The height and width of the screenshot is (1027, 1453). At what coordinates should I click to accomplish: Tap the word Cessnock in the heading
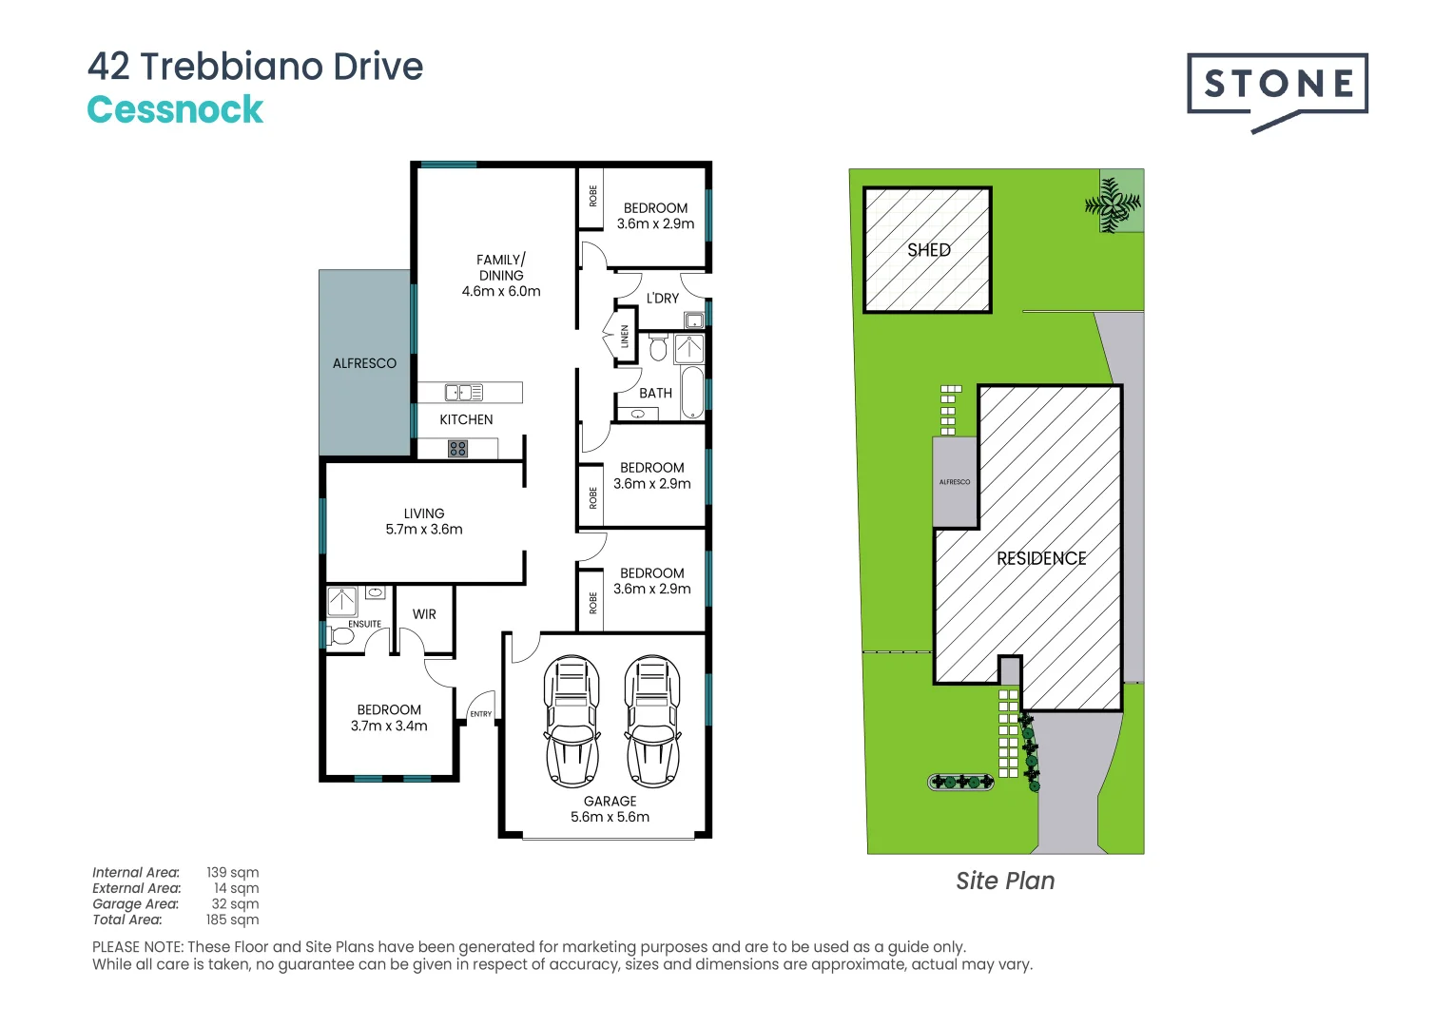tap(175, 109)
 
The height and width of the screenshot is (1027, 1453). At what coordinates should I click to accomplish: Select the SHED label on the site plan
tap(928, 250)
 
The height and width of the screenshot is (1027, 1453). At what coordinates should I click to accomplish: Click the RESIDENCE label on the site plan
tap(1041, 559)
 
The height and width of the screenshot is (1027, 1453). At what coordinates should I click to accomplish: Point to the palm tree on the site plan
tap(1114, 203)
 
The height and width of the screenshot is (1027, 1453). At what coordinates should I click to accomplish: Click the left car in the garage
tap(572, 721)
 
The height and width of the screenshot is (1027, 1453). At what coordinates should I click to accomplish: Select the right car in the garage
tap(652, 721)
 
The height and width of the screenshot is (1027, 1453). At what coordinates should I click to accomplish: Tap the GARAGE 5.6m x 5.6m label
tap(610, 809)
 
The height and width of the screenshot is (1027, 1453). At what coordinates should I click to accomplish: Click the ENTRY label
tap(481, 714)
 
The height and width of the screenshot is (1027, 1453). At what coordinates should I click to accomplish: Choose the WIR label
tap(424, 614)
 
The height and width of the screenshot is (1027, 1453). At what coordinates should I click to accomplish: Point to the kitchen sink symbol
tap(464, 392)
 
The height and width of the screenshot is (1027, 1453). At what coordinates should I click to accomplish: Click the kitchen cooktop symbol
tap(457, 448)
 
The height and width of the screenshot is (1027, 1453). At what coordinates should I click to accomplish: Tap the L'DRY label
tap(663, 299)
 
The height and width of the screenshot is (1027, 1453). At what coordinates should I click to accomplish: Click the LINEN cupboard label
tap(625, 336)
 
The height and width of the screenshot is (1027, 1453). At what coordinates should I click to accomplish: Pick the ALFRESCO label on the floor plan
tap(364, 363)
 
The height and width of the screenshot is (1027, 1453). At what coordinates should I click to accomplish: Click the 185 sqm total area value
tap(232, 920)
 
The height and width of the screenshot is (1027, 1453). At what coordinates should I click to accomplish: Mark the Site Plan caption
tap(1005, 882)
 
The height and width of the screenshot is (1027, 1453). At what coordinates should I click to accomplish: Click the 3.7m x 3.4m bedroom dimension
tap(389, 726)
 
